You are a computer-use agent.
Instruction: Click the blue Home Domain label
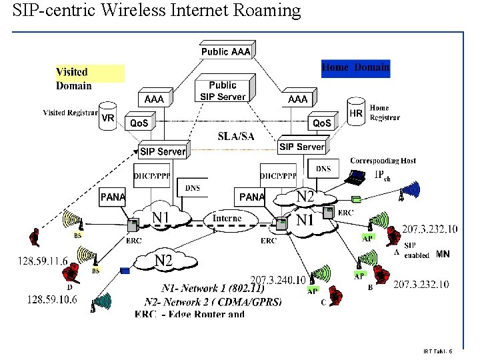click(x=355, y=68)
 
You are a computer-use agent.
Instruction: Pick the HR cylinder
click(x=357, y=112)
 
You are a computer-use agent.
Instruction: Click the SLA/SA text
click(x=236, y=137)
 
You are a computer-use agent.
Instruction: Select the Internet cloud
click(x=227, y=219)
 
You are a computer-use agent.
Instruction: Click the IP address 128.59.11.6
click(x=43, y=261)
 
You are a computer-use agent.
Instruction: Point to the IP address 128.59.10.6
click(x=52, y=300)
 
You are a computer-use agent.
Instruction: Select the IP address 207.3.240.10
click(x=277, y=280)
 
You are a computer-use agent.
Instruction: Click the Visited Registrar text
click(x=70, y=113)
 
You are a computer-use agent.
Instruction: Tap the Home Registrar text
click(x=385, y=113)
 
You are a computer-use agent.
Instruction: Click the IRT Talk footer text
click(x=437, y=351)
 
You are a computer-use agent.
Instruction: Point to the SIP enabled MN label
click(x=427, y=251)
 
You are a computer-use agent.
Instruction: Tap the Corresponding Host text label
click(x=383, y=161)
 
